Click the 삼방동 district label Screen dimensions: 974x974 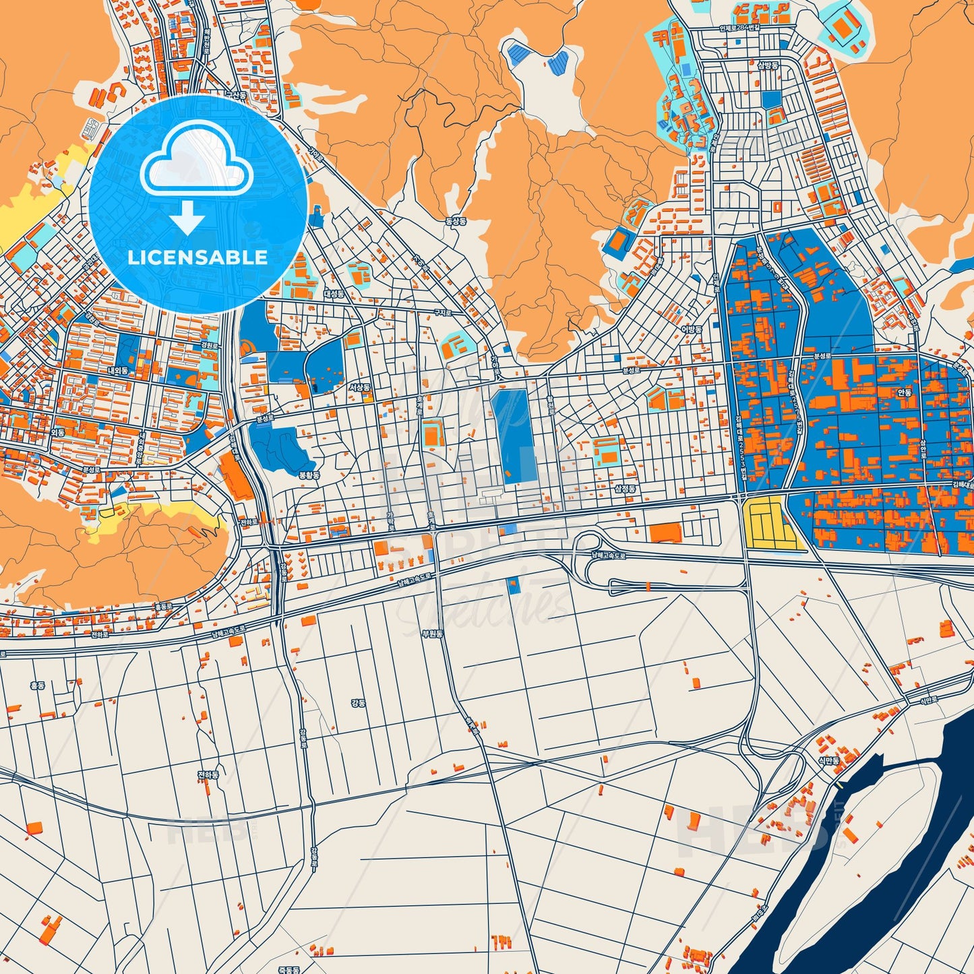767,65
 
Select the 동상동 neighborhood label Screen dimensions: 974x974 456,220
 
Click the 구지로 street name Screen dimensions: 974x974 442,312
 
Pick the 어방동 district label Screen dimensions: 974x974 691,329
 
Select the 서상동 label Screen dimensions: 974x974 359,388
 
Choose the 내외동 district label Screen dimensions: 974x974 117,371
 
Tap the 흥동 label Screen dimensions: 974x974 37,686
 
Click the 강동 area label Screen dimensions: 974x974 358,703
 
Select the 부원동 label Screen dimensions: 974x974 431,634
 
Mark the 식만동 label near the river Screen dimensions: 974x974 828,760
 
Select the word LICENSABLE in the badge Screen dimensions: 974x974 197,257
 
